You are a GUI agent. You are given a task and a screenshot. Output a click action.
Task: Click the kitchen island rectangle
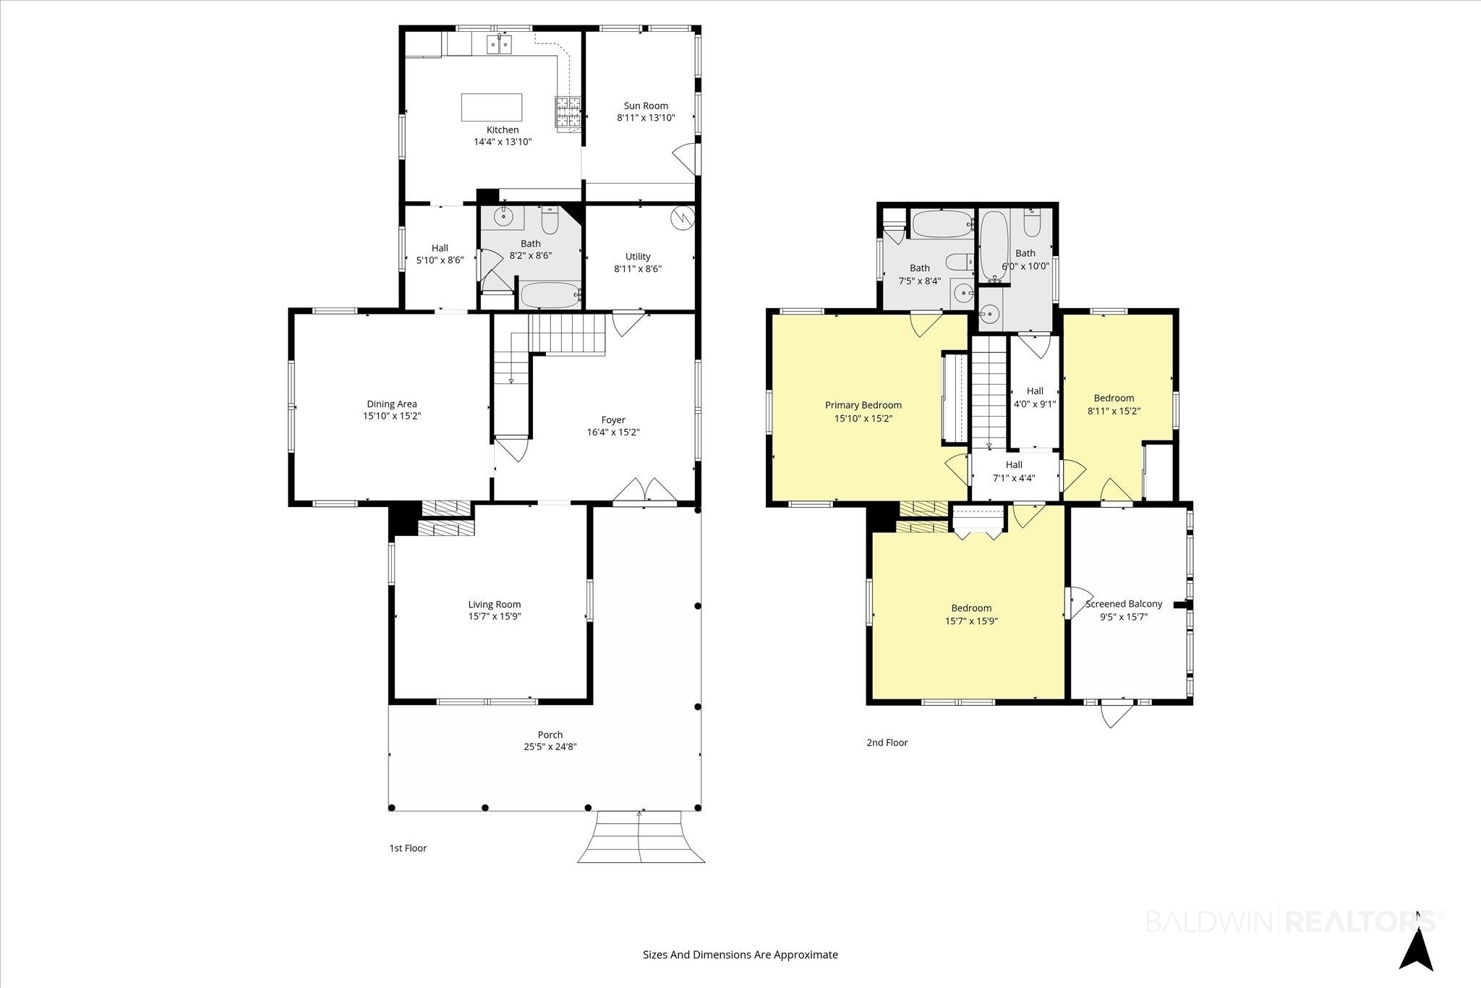pyautogui.click(x=492, y=107)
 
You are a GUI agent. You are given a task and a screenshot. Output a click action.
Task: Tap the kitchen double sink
pyautogui.click(x=499, y=45)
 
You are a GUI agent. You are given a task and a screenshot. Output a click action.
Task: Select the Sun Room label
pyautogui.click(x=646, y=106)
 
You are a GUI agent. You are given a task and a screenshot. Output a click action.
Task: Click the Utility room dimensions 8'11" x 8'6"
pyautogui.click(x=638, y=269)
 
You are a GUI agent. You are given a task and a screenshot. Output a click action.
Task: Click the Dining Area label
pyautogui.click(x=392, y=404)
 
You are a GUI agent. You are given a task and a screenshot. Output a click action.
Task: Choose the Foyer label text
pyautogui.click(x=613, y=420)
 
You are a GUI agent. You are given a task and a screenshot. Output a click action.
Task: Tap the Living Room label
pyautogui.click(x=495, y=605)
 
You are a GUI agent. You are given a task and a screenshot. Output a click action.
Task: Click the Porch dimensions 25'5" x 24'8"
pyautogui.click(x=550, y=747)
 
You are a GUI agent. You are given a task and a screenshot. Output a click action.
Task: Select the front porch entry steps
pyautogui.click(x=640, y=837)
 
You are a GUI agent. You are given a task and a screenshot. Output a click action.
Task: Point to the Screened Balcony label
pyautogui.click(x=1124, y=604)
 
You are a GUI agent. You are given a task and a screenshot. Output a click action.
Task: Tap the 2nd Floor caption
pyautogui.click(x=887, y=743)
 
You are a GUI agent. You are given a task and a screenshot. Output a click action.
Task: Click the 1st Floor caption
pyautogui.click(x=408, y=848)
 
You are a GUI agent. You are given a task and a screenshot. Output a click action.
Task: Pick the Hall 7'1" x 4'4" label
pyautogui.click(x=1014, y=472)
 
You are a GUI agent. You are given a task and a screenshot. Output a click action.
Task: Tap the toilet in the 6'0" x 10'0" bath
pyautogui.click(x=1032, y=223)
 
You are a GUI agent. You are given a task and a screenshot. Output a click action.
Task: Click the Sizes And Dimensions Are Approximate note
pyautogui.click(x=740, y=955)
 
